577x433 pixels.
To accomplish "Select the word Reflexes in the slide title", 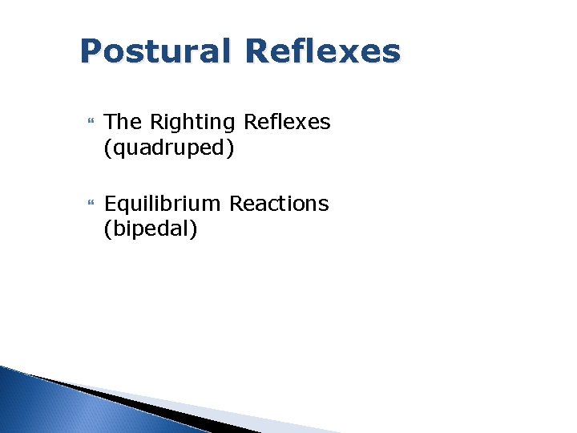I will [x=323, y=52].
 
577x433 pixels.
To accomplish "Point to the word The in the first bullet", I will [x=122, y=122].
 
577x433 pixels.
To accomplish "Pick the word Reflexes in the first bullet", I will [x=286, y=122].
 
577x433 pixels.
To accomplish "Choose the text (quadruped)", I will [x=169, y=148].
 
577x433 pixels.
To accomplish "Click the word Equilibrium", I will [x=163, y=204].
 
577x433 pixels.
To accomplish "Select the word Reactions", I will [x=279, y=204].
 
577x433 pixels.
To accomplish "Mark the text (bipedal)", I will [x=151, y=229].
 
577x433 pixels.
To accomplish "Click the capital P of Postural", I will [x=91, y=52].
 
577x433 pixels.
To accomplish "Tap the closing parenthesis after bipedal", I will [x=194, y=230].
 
